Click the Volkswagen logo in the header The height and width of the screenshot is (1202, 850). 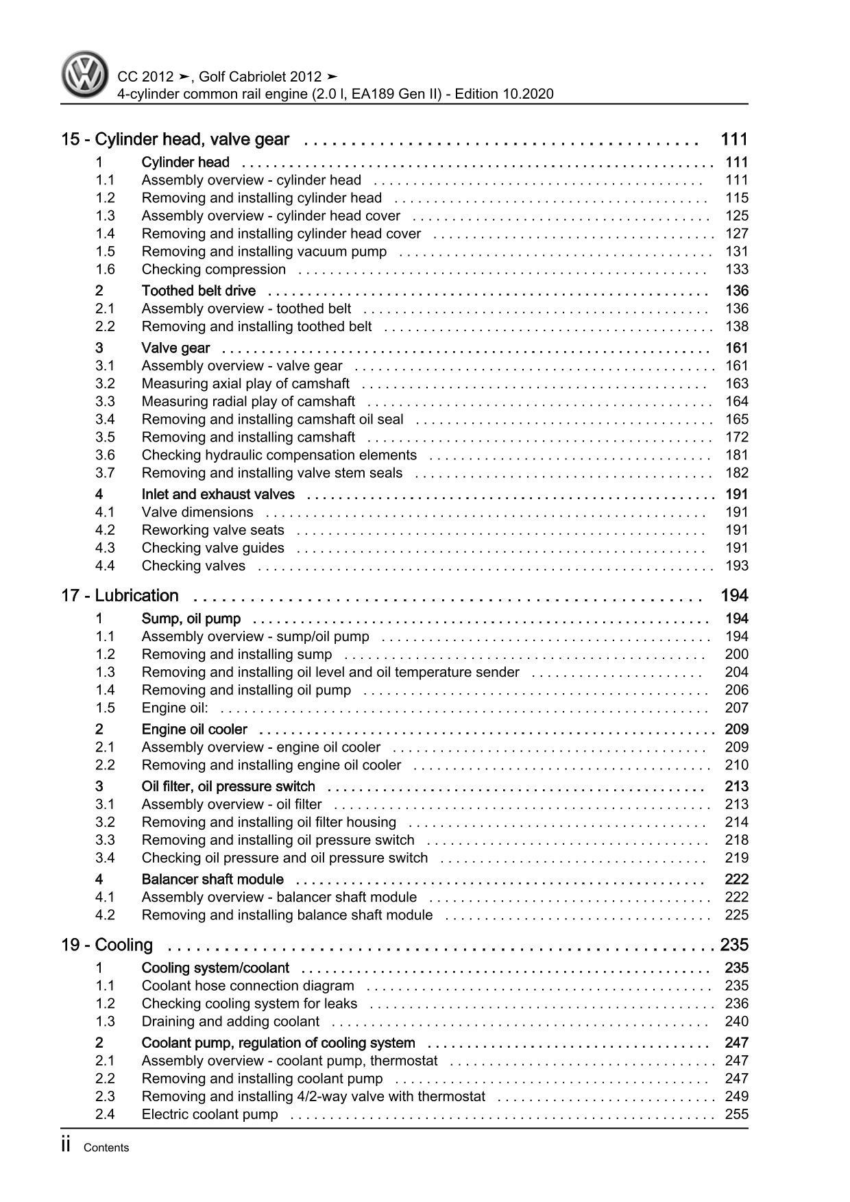pyautogui.click(x=85, y=76)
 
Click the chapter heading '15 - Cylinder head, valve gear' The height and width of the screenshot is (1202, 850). pyautogui.click(x=175, y=140)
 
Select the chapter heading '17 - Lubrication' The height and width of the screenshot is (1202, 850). pyautogui.click(x=120, y=596)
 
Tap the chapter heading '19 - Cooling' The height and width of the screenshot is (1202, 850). pyautogui.click(x=107, y=946)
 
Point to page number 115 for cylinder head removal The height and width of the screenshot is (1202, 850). pyautogui.click(x=737, y=198)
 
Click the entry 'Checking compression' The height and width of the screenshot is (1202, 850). pyautogui.click(x=213, y=269)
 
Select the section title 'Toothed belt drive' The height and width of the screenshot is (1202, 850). pyautogui.click(x=198, y=291)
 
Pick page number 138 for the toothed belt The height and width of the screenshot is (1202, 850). pyautogui.click(x=737, y=327)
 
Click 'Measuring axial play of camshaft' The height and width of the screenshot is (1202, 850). pyautogui.click(x=245, y=384)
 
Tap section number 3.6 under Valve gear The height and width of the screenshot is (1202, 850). pyautogui.click(x=105, y=455)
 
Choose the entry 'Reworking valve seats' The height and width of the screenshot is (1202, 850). pyautogui.click(x=212, y=530)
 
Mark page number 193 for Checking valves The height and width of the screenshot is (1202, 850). pyautogui.click(x=737, y=566)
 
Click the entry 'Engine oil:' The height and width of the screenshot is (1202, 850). pyautogui.click(x=175, y=708)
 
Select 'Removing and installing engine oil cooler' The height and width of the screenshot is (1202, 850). pyautogui.click(x=271, y=765)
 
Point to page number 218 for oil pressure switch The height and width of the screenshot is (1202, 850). pyautogui.click(x=737, y=840)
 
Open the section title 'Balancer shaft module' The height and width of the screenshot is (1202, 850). pyautogui.click(x=212, y=880)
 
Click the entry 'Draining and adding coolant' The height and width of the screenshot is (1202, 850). pyautogui.click(x=230, y=1022)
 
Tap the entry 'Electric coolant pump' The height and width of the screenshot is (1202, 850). pyautogui.click(x=210, y=1114)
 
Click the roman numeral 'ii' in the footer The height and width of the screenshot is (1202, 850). pyautogui.click(x=66, y=1146)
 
